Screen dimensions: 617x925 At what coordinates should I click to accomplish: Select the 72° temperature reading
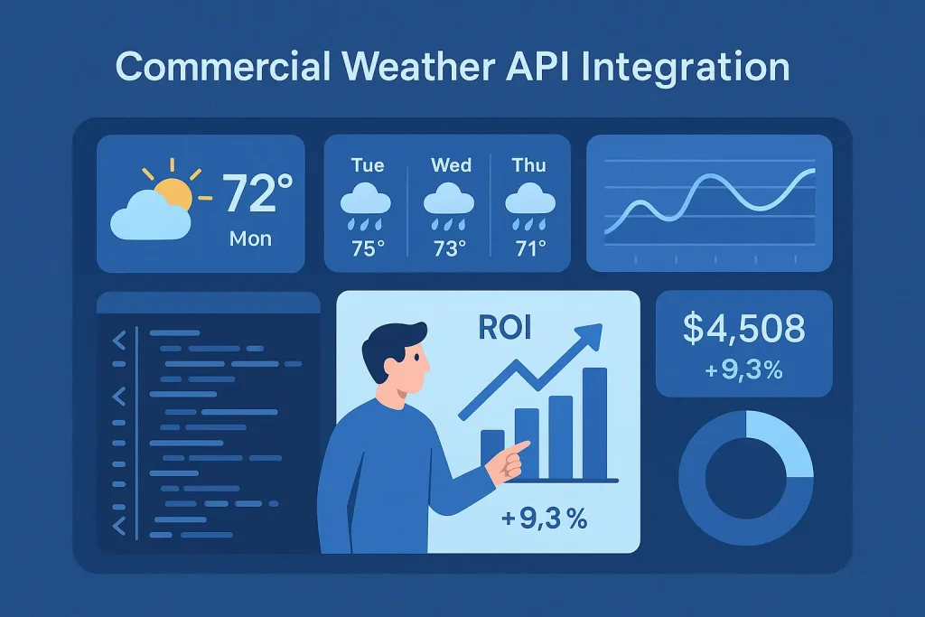257,192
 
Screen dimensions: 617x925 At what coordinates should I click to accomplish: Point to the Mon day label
249,239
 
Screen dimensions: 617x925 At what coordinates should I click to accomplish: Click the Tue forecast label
367,165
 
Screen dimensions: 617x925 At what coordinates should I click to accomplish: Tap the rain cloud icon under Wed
448,200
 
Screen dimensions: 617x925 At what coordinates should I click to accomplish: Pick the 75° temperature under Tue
368,248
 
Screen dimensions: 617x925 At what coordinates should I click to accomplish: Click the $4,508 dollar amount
743,329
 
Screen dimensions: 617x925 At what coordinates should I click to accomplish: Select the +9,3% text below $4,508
744,369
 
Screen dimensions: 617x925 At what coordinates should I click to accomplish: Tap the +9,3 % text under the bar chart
543,519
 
